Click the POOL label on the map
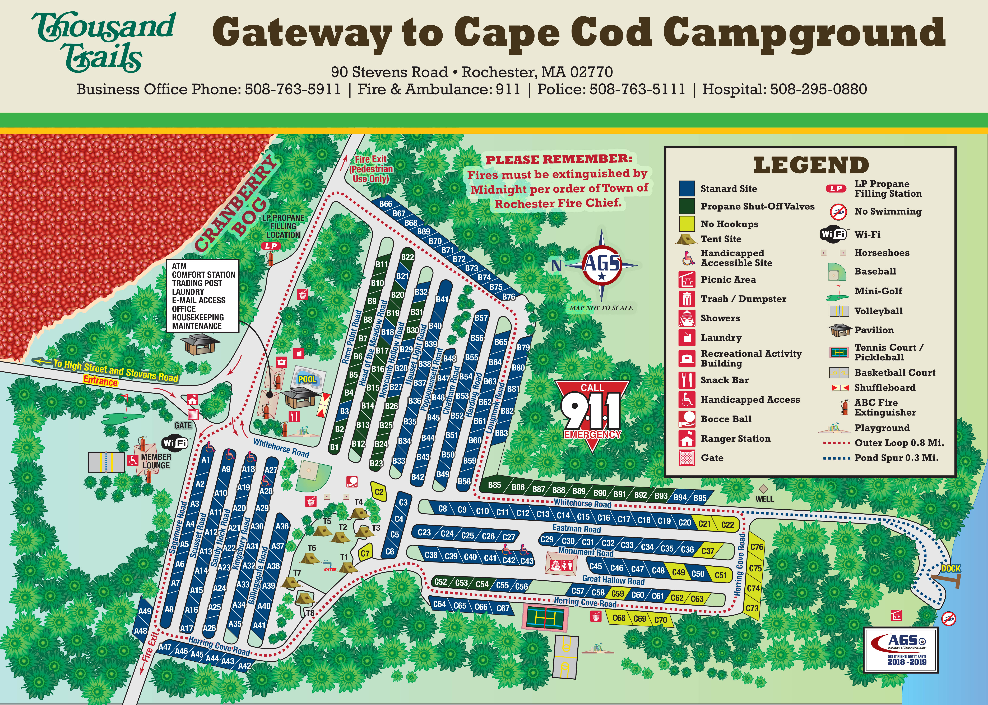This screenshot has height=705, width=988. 307,379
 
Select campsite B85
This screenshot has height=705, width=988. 494,485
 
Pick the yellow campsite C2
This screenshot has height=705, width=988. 379,492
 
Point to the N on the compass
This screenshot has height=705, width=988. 556,265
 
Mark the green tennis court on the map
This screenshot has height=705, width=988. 545,618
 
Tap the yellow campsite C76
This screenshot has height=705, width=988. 756,547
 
